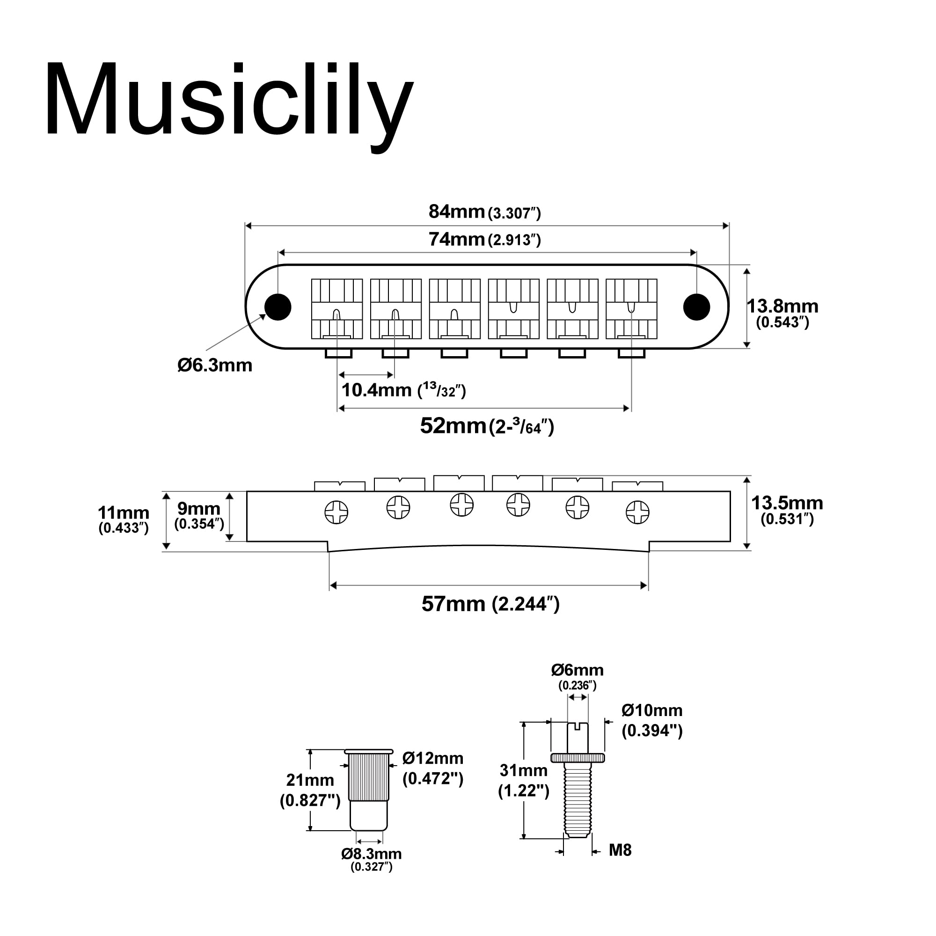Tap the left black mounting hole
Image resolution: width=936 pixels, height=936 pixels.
(x=278, y=307)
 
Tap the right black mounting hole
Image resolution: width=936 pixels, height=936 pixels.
(x=696, y=307)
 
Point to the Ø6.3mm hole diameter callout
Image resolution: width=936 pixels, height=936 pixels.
(x=215, y=366)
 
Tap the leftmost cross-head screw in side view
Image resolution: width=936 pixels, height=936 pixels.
(x=336, y=512)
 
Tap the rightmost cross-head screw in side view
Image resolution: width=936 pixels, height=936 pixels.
(x=637, y=512)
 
